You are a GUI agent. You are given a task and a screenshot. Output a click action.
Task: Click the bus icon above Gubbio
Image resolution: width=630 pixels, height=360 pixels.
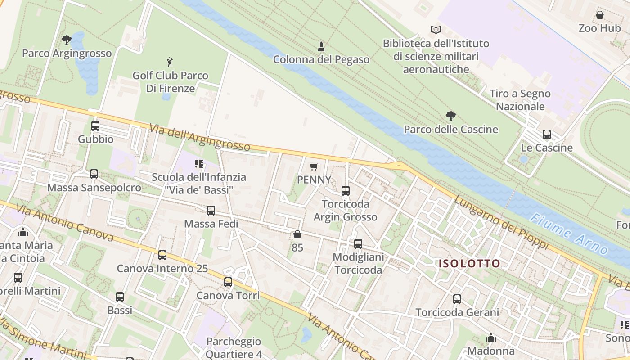tap(95, 126)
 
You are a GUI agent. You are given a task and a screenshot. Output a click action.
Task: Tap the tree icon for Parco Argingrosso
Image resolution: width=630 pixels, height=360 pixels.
tap(67, 40)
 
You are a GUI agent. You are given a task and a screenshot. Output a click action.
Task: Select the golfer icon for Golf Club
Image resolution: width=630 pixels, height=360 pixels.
tap(170, 62)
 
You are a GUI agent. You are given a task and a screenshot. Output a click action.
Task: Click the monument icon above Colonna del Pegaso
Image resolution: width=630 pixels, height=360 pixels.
tap(321, 46)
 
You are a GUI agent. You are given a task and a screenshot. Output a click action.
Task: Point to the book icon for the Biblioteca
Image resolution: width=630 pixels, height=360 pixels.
tap(436, 30)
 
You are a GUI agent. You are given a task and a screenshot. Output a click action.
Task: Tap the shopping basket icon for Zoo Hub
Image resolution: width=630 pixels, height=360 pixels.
tap(599, 15)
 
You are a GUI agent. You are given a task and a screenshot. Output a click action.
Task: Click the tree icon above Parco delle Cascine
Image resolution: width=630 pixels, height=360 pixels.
tap(450, 116)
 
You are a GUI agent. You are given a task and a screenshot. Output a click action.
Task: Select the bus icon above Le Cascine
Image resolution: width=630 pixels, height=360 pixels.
tap(547, 135)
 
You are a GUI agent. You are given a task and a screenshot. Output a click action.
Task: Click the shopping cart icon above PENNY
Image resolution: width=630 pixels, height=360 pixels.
tap(314, 166)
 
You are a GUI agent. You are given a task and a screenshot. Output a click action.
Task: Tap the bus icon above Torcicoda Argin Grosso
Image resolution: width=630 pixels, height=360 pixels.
tap(346, 191)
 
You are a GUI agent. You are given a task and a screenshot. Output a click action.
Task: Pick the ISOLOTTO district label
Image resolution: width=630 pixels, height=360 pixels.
tap(469, 264)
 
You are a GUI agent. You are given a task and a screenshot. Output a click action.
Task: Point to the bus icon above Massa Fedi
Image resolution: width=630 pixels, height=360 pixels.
tap(211, 211)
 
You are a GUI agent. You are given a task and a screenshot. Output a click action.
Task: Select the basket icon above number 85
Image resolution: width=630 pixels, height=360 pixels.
tap(297, 234)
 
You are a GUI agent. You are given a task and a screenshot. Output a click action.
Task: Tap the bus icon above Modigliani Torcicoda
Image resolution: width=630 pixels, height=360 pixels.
tap(358, 244)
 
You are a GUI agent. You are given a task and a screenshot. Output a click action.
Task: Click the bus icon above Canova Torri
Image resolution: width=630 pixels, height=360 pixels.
tap(228, 282)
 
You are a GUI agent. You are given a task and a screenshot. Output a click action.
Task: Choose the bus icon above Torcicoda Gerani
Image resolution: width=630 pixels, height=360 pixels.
tap(457, 299)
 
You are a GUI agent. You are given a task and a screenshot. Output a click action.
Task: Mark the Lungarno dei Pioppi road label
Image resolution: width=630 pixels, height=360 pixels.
tap(501, 222)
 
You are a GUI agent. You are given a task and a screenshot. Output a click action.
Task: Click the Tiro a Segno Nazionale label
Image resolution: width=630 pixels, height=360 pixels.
tap(520, 100)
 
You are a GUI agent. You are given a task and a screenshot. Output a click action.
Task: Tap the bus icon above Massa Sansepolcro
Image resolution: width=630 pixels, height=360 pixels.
tap(94, 174)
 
